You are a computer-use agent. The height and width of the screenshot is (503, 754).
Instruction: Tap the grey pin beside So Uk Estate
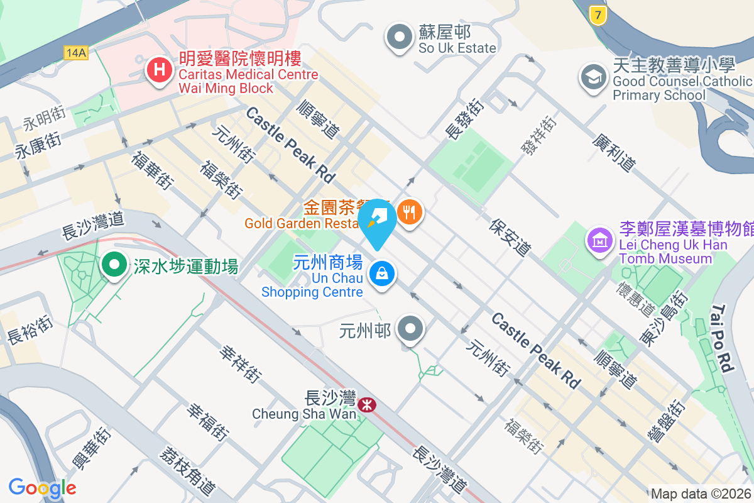tap(399, 37)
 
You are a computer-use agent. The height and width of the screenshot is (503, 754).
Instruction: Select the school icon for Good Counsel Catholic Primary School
tap(593, 77)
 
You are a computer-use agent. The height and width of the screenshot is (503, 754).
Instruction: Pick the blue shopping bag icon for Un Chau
tap(381, 274)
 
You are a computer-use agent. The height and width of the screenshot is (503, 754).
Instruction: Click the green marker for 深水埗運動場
tap(114, 265)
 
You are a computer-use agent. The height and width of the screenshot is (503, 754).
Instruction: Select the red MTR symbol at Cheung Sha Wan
tap(366, 404)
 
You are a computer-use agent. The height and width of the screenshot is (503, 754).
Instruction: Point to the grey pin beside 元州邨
tap(412, 328)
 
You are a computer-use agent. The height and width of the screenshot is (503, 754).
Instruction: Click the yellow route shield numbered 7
tap(598, 15)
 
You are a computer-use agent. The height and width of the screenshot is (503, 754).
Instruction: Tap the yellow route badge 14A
tap(75, 53)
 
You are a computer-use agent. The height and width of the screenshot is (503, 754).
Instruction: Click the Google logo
tap(42, 488)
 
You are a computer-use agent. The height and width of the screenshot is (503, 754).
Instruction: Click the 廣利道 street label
tap(613, 152)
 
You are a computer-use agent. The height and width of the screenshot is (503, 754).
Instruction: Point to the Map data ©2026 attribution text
tap(701, 494)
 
